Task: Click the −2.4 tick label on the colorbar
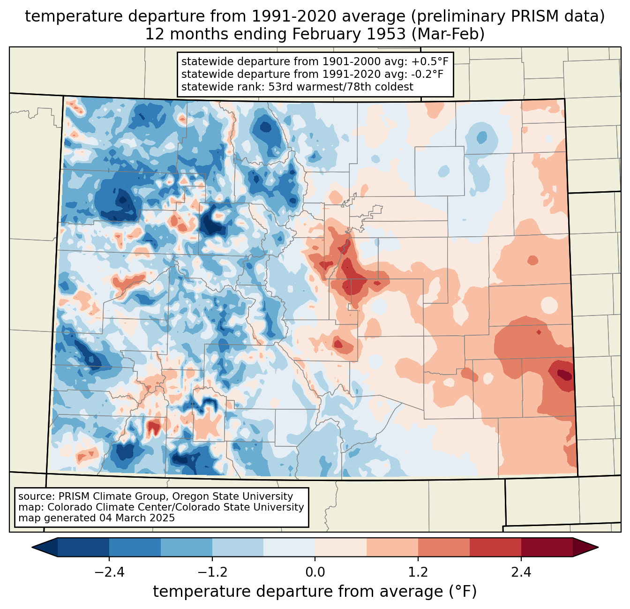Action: tap(109, 572)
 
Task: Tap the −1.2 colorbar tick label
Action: tap(212, 572)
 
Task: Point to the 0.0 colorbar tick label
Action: tap(315, 572)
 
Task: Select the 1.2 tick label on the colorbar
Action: tap(418, 572)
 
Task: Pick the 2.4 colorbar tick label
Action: tap(521, 572)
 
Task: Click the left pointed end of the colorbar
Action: tap(32, 548)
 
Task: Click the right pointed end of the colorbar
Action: tap(598, 548)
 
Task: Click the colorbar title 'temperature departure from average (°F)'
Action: tap(315, 592)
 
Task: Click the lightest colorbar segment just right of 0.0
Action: tap(341, 548)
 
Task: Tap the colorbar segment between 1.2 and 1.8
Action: tap(444, 548)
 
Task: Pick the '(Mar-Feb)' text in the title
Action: tap(448, 34)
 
